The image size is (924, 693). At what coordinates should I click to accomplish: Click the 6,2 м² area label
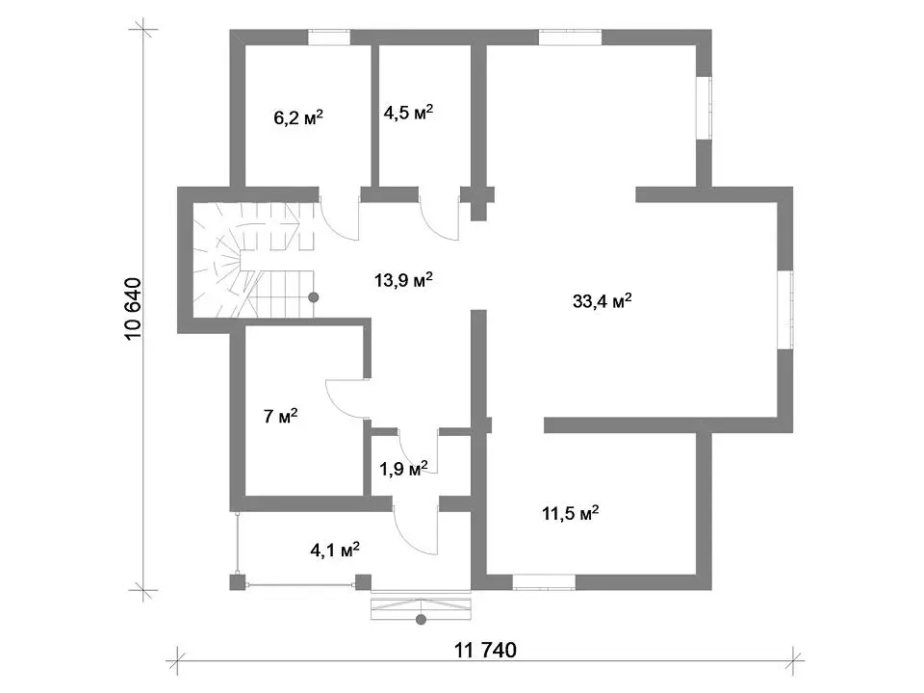(x=298, y=117)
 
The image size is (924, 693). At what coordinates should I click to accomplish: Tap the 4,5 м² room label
(x=408, y=112)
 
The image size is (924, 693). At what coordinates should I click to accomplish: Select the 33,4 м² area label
(x=603, y=301)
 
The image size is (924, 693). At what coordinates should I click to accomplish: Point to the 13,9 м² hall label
(x=403, y=280)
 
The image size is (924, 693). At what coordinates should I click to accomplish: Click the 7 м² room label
(x=280, y=416)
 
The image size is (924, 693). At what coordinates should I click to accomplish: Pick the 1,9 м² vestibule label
(x=403, y=469)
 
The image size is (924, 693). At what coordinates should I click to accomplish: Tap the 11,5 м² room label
(x=571, y=513)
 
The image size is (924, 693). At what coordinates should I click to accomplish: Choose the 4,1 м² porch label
(x=335, y=551)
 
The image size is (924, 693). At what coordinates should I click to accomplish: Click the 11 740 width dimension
(x=485, y=650)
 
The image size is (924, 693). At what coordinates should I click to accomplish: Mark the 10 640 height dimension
(x=133, y=308)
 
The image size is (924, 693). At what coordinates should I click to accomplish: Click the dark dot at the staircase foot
(x=314, y=297)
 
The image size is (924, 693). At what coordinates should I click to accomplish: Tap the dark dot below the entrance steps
(x=421, y=619)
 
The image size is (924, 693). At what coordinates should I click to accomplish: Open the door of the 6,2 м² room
(x=340, y=216)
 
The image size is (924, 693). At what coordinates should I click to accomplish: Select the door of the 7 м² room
(x=347, y=398)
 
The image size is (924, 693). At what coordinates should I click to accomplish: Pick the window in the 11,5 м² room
(x=543, y=582)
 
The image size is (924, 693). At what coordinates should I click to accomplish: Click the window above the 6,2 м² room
(x=329, y=38)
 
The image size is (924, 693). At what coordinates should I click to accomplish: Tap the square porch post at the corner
(x=237, y=583)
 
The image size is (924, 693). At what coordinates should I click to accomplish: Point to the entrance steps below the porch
(x=421, y=608)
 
